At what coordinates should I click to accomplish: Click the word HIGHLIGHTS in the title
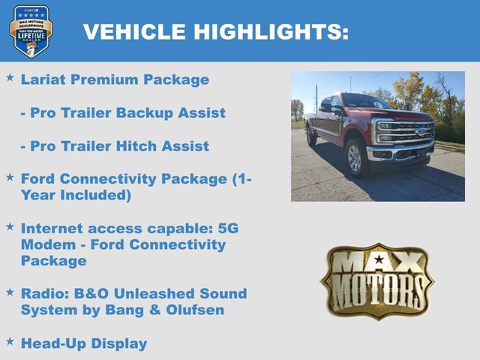pos(271,31)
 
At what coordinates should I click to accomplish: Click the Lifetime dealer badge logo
pos(31,31)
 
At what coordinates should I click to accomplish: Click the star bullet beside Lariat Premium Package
pos(10,77)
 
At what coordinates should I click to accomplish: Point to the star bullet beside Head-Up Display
pos(10,341)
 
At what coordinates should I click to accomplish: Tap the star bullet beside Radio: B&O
pos(10,292)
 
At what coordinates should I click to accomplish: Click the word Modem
pos(46,244)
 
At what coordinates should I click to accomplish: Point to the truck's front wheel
pos(354,158)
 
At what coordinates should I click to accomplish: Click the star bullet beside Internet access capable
pos(10,226)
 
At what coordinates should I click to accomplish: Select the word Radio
pos(43,294)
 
